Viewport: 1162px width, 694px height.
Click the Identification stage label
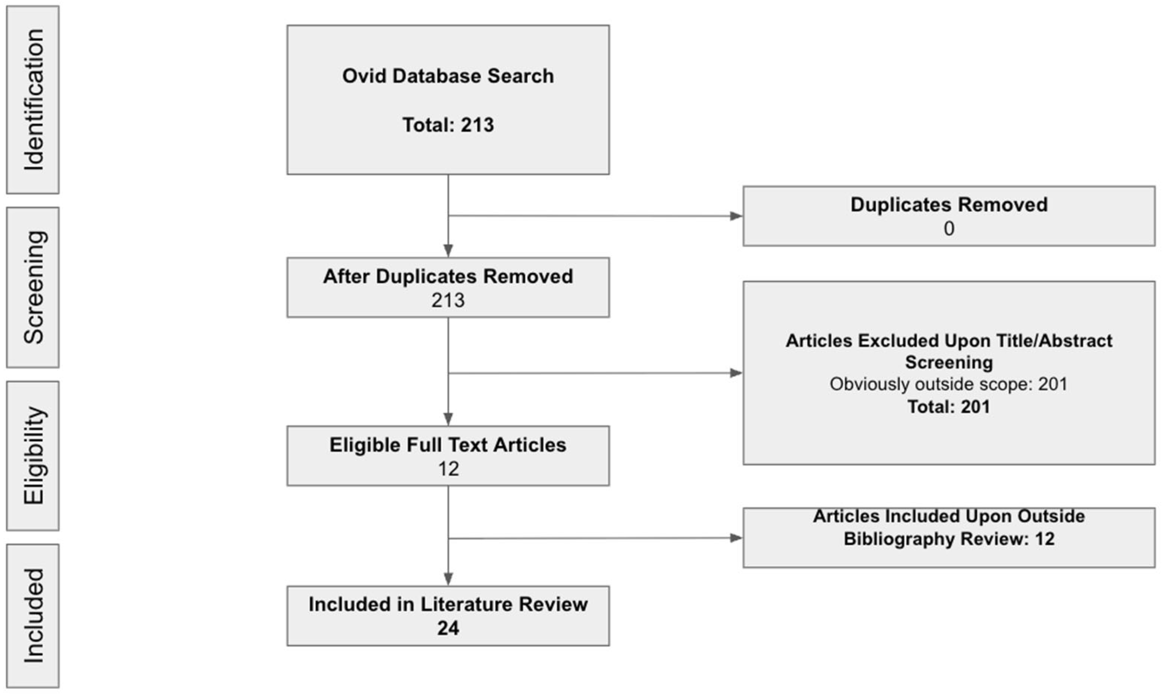point(33,100)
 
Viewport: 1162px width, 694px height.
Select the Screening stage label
point(33,288)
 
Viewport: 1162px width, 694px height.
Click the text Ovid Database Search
point(448,76)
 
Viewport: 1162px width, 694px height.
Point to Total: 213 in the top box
point(448,125)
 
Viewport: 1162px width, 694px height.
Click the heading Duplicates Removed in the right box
point(948,205)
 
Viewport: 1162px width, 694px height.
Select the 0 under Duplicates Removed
point(948,229)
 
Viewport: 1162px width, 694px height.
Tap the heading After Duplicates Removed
point(448,276)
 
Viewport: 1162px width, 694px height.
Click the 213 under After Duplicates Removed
point(448,300)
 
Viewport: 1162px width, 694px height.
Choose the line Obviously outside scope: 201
point(948,384)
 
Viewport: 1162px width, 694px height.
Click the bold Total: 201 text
point(948,406)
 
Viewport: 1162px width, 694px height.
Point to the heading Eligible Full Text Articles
point(448,445)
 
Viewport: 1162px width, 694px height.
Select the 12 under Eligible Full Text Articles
point(448,469)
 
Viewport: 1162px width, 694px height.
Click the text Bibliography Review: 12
point(948,539)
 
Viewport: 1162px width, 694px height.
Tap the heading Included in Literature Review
point(448,604)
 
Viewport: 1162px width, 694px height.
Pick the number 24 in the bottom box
point(448,628)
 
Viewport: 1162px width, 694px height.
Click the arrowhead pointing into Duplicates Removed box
point(736,216)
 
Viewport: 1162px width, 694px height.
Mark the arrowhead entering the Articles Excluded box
point(736,373)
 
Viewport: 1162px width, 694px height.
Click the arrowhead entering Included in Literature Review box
point(448,579)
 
